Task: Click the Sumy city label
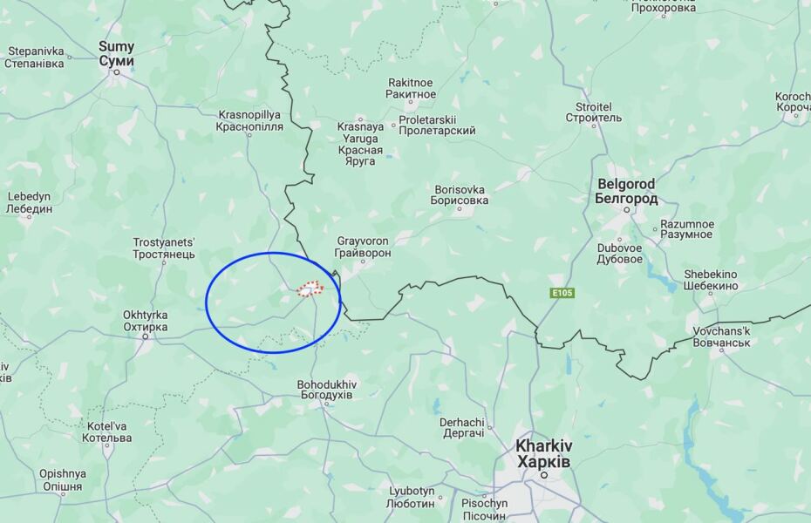(116, 54)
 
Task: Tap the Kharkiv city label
(543, 452)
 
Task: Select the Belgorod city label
(626, 192)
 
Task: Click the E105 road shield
(562, 293)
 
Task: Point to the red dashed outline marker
(310, 289)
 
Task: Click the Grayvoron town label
(362, 247)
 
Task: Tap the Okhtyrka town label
(145, 321)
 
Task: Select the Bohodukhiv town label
(325, 390)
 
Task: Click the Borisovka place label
(459, 194)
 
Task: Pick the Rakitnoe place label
(411, 88)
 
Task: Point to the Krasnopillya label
(249, 120)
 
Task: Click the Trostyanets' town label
(164, 248)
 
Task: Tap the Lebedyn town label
(29, 202)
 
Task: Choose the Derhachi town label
(461, 428)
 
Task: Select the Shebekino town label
(710, 280)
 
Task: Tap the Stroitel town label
(593, 112)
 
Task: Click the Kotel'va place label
(106, 431)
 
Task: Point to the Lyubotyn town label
(412, 497)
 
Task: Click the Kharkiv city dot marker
(544, 475)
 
